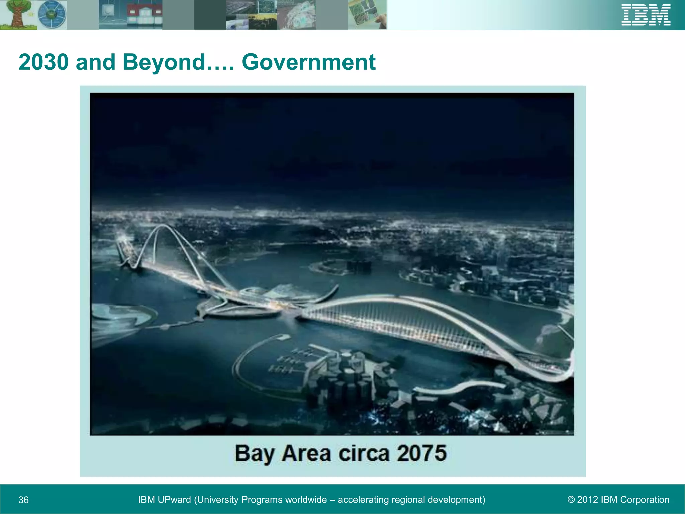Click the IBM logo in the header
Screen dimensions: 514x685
tap(646, 15)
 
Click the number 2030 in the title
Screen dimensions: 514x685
tap(44, 62)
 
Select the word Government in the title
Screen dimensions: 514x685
tap(308, 62)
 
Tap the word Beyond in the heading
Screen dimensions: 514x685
tap(164, 62)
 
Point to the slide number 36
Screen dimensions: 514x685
tap(23, 500)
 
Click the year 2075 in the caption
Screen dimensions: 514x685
tap(422, 453)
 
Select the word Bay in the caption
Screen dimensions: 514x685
tap(254, 454)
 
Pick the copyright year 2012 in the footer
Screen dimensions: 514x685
tap(587, 500)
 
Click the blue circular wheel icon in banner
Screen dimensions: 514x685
tap(52, 15)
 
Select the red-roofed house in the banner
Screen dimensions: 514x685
tap(144, 15)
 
